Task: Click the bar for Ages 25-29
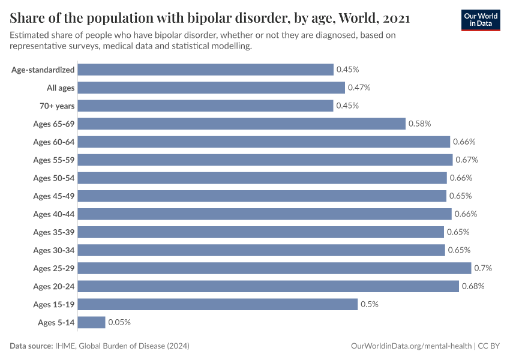[x=274, y=268]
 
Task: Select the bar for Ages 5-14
[x=91, y=322]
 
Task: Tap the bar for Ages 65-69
[x=242, y=124]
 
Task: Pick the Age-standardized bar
[x=206, y=70]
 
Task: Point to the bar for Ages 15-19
[x=218, y=304]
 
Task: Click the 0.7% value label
[x=482, y=268]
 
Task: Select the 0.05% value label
[x=119, y=322]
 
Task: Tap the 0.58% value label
[x=419, y=124]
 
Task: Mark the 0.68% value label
[x=473, y=286]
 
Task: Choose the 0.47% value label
[x=359, y=88]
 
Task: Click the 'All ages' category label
[x=61, y=88]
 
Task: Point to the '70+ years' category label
[x=58, y=106]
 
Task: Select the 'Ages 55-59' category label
[x=54, y=160]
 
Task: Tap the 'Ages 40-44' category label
[x=54, y=214]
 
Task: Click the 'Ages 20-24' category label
[x=54, y=286]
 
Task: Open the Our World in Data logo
[x=480, y=20]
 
